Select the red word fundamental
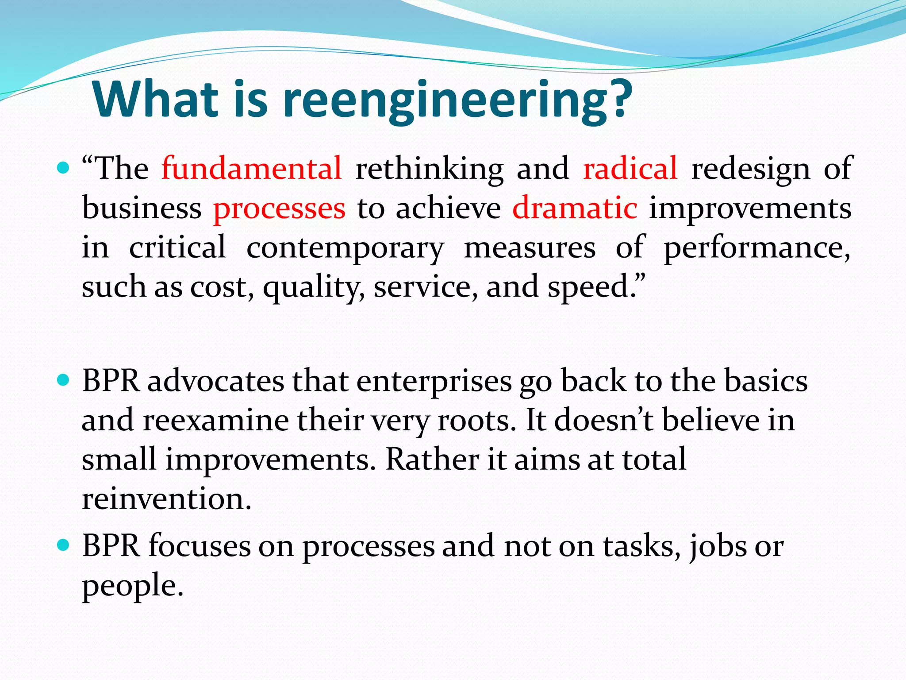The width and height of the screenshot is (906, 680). point(252,169)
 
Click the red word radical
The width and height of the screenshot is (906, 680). point(630,169)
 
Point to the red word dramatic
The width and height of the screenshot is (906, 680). point(575,208)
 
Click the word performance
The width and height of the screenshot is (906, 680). point(756,247)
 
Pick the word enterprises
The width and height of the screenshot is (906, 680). point(434,382)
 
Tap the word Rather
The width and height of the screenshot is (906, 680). point(432,459)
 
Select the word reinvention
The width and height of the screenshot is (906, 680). point(166,498)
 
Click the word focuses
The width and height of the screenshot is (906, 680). point(200,546)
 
